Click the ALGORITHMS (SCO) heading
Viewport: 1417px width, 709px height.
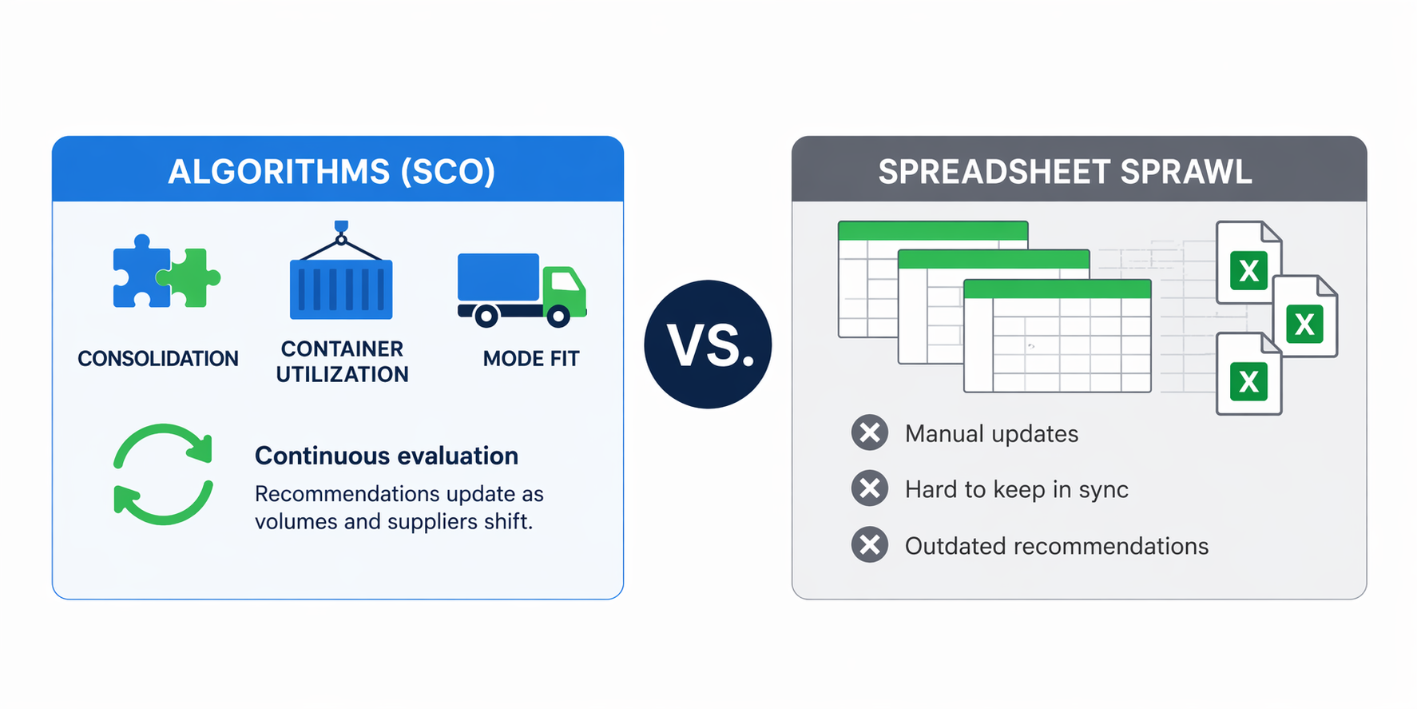[331, 172]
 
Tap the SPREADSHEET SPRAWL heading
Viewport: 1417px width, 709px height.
[1066, 172]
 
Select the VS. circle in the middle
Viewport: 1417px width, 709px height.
[708, 345]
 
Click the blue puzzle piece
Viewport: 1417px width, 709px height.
[141, 272]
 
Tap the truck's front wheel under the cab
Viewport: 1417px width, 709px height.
[558, 316]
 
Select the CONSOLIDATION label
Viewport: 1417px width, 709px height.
[158, 359]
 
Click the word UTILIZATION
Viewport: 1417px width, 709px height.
[342, 374]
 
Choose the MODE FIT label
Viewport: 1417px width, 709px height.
[531, 359]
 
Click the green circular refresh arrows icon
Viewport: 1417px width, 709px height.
[163, 474]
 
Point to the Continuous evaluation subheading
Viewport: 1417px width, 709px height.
[387, 456]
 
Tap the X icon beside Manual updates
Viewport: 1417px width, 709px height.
[870, 433]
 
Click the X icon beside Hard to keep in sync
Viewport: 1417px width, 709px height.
[870, 488]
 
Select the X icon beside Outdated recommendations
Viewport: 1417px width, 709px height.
[870, 545]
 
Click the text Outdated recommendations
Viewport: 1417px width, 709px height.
[1057, 546]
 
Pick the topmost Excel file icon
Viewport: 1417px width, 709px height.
[1248, 263]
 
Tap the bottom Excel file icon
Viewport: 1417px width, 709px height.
[1248, 374]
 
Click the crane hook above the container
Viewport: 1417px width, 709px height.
[341, 232]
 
